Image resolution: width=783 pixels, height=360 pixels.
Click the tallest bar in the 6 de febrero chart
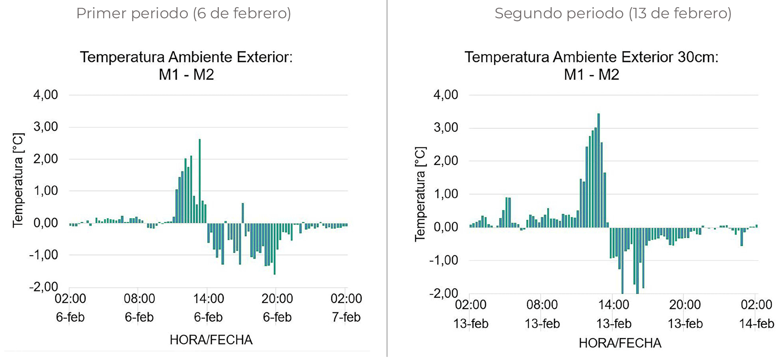click(200, 181)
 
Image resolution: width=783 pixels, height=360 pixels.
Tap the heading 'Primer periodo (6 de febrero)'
click(184, 14)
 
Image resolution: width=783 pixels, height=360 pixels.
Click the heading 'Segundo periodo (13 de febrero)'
click(613, 14)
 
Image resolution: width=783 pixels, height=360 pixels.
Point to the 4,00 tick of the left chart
click(46, 95)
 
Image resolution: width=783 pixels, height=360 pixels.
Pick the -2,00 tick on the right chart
click(444, 294)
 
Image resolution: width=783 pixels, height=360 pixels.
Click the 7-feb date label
click(346, 317)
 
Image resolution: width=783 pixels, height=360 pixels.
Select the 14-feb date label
click(756, 323)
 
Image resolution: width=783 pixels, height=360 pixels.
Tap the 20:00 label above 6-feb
click(277, 299)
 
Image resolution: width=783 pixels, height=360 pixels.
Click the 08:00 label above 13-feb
click(542, 305)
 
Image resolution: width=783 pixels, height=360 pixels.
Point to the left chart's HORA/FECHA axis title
click(211, 340)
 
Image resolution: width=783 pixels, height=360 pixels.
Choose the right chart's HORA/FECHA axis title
click(620, 343)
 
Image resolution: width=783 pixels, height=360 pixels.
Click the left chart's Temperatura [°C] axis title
click(18, 180)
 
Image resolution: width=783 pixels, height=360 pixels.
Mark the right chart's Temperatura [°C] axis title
click(420, 194)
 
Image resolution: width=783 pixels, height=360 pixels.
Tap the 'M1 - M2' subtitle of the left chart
click(186, 75)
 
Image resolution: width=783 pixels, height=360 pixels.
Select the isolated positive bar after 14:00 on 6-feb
click(243, 213)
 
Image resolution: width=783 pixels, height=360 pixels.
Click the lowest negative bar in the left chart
click(275, 248)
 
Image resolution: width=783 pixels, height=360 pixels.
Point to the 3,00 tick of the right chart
click(446, 128)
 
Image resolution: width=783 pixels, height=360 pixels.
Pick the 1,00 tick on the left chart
click(46, 191)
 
